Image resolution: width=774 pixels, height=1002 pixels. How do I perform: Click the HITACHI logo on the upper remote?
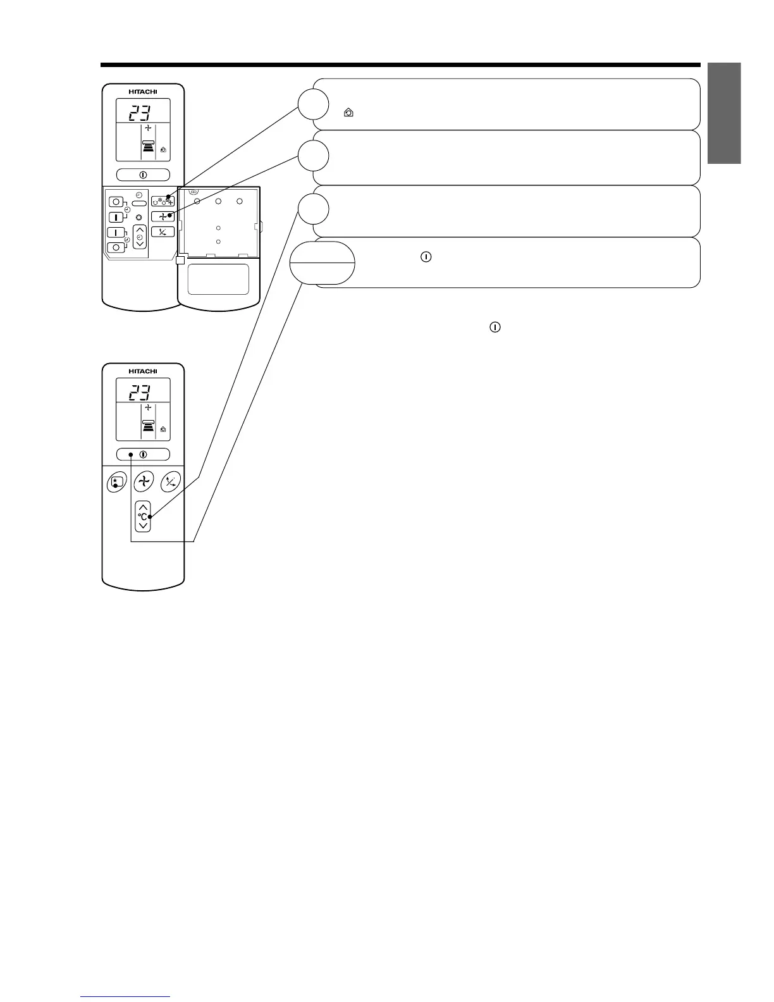(143, 92)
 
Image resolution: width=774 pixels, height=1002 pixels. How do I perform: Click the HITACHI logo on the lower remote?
(143, 371)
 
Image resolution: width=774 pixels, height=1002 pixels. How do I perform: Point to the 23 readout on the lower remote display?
(140, 393)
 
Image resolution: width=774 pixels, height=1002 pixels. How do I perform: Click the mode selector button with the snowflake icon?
(163, 202)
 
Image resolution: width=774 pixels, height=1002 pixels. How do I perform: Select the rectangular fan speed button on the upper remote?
(163, 216)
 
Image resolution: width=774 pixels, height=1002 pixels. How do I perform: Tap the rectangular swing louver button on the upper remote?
(163, 232)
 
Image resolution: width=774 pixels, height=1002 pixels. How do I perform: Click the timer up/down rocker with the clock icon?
(140, 236)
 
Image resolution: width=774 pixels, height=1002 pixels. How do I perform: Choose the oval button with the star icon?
(115, 482)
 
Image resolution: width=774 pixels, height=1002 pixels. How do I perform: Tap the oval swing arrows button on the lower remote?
(171, 482)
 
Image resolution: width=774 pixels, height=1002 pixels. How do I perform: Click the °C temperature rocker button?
(144, 516)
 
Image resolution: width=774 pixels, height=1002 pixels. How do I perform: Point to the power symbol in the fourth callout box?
(426, 257)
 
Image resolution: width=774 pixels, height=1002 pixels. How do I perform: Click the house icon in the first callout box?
(348, 113)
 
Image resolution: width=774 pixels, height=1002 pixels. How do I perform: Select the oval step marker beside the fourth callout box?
(322, 263)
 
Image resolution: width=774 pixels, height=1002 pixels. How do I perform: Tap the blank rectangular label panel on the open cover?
(218, 279)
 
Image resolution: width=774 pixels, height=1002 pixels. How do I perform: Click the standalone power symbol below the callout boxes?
(494, 328)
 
